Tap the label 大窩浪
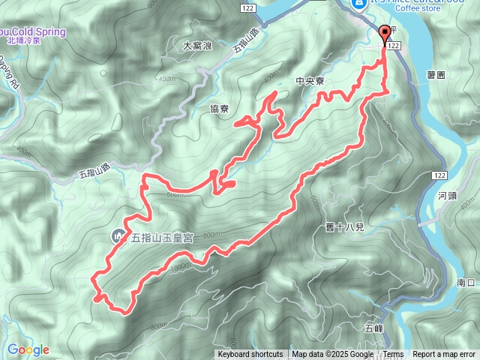tap(198, 46)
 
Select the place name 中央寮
tap(310, 82)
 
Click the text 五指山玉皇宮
tap(163, 238)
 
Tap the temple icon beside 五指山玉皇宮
tap(118, 236)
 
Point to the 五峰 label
tap(373, 328)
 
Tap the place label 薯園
tap(436, 75)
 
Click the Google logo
tap(28, 349)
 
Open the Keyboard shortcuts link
tap(250, 355)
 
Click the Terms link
tap(393, 355)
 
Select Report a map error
tap(444, 355)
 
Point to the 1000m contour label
tap(180, 267)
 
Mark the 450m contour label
tap(166, 78)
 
